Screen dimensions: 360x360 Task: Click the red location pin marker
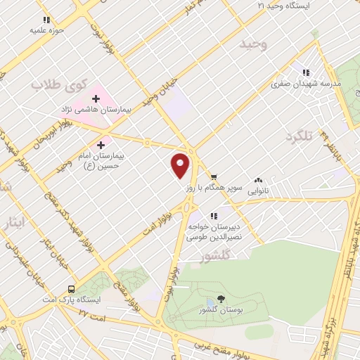coord(181,165)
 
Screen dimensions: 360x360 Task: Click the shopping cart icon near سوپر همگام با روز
coord(213,177)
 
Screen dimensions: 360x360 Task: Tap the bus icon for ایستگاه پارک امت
coord(71,289)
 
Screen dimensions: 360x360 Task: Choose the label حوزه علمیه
coord(46,31)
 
